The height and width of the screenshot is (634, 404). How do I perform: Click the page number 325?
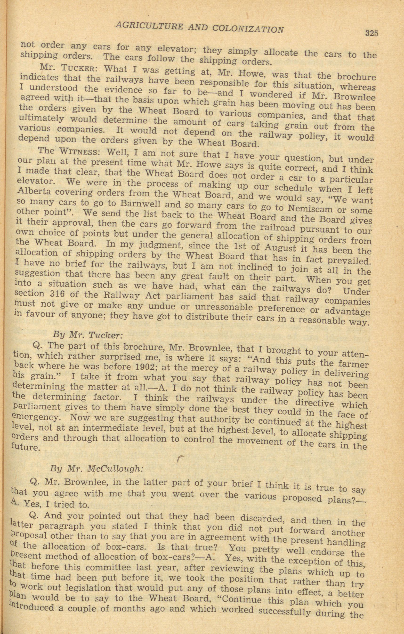tap(372, 33)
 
